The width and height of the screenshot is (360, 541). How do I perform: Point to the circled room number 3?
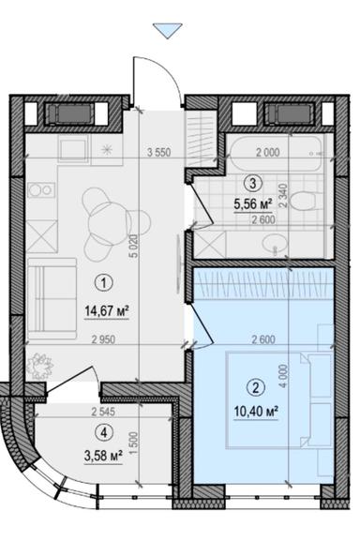pyautogui.click(x=250, y=185)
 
